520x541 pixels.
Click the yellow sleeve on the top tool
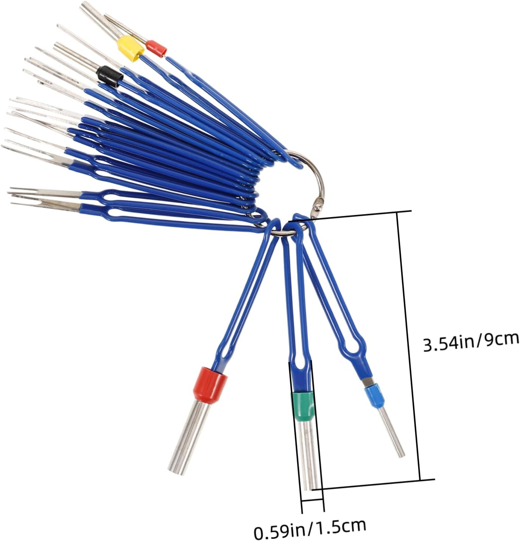pyautogui.click(x=130, y=48)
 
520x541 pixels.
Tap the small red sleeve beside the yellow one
pyautogui.click(x=156, y=48)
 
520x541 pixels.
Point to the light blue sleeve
pyautogui.click(x=374, y=397)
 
